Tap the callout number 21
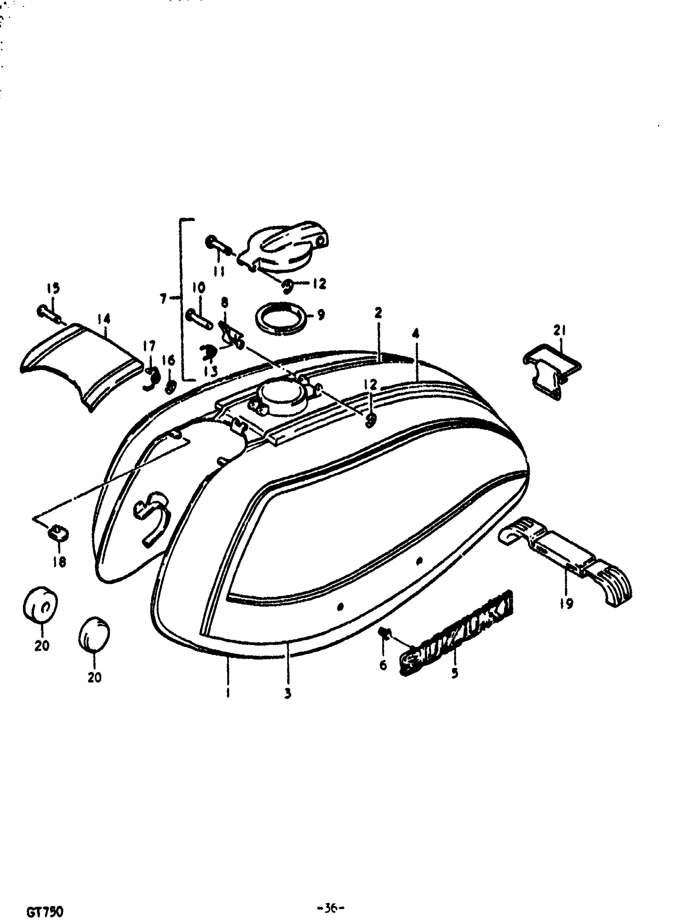click(x=559, y=330)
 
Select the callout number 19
click(x=567, y=603)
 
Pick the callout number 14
click(x=104, y=318)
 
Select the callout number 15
click(x=53, y=288)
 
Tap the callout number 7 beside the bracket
click(x=163, y=298)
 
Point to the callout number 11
click(x=219, y=271)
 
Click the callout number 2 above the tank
click(x=378, y=313)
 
